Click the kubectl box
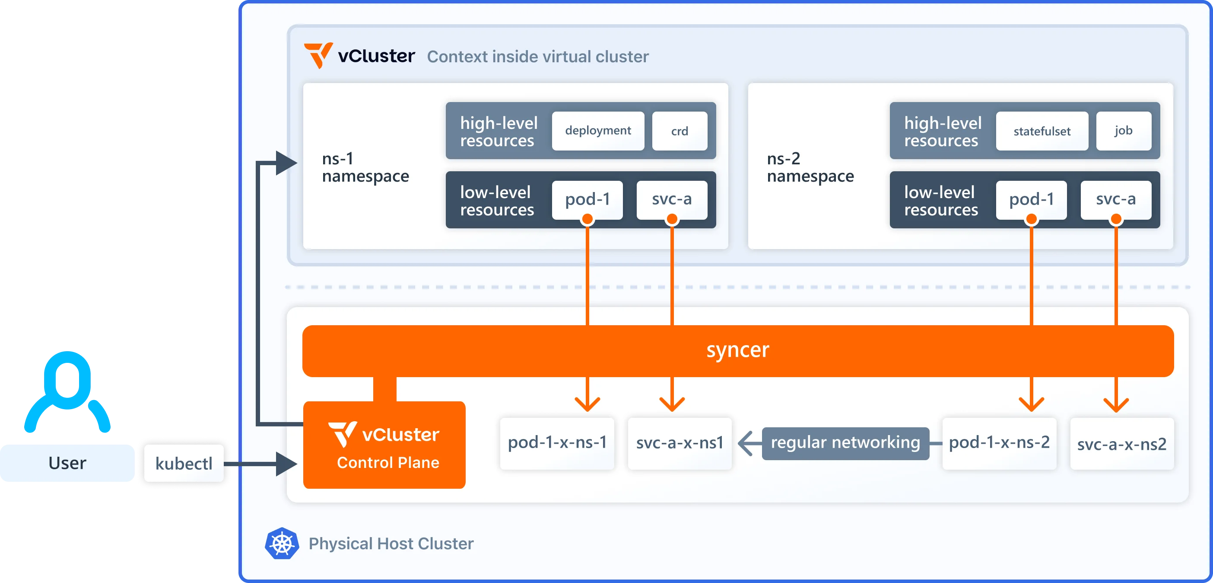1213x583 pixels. tap(184, 463)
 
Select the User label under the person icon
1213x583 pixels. tap(67, 463)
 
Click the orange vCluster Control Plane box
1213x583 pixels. tap(384, 445)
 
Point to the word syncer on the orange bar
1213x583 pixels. tap(737, 350)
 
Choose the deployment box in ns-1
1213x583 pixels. tap(597, 131)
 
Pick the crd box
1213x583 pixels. tap(679, 131)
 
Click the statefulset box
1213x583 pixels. tap(1042, 131)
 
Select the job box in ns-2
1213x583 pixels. tap(1123, 131)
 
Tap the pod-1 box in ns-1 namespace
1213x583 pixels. tap(587, 199)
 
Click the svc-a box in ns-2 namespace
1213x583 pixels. tap(1115, 199)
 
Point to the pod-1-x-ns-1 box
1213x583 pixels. tap(557, 442)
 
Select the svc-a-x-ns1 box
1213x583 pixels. tap(680, 442)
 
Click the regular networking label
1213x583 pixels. tap(845, 442)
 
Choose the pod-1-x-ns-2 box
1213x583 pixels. tap(999, 442)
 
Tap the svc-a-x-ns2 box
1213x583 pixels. tap(1122, 443)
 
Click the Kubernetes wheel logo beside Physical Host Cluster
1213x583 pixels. tap(282, 543)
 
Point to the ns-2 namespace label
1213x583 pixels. tap(810, 167)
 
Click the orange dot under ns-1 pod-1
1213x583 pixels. tap(587, 219)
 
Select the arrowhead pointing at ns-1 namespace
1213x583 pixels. tap(286, 163)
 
